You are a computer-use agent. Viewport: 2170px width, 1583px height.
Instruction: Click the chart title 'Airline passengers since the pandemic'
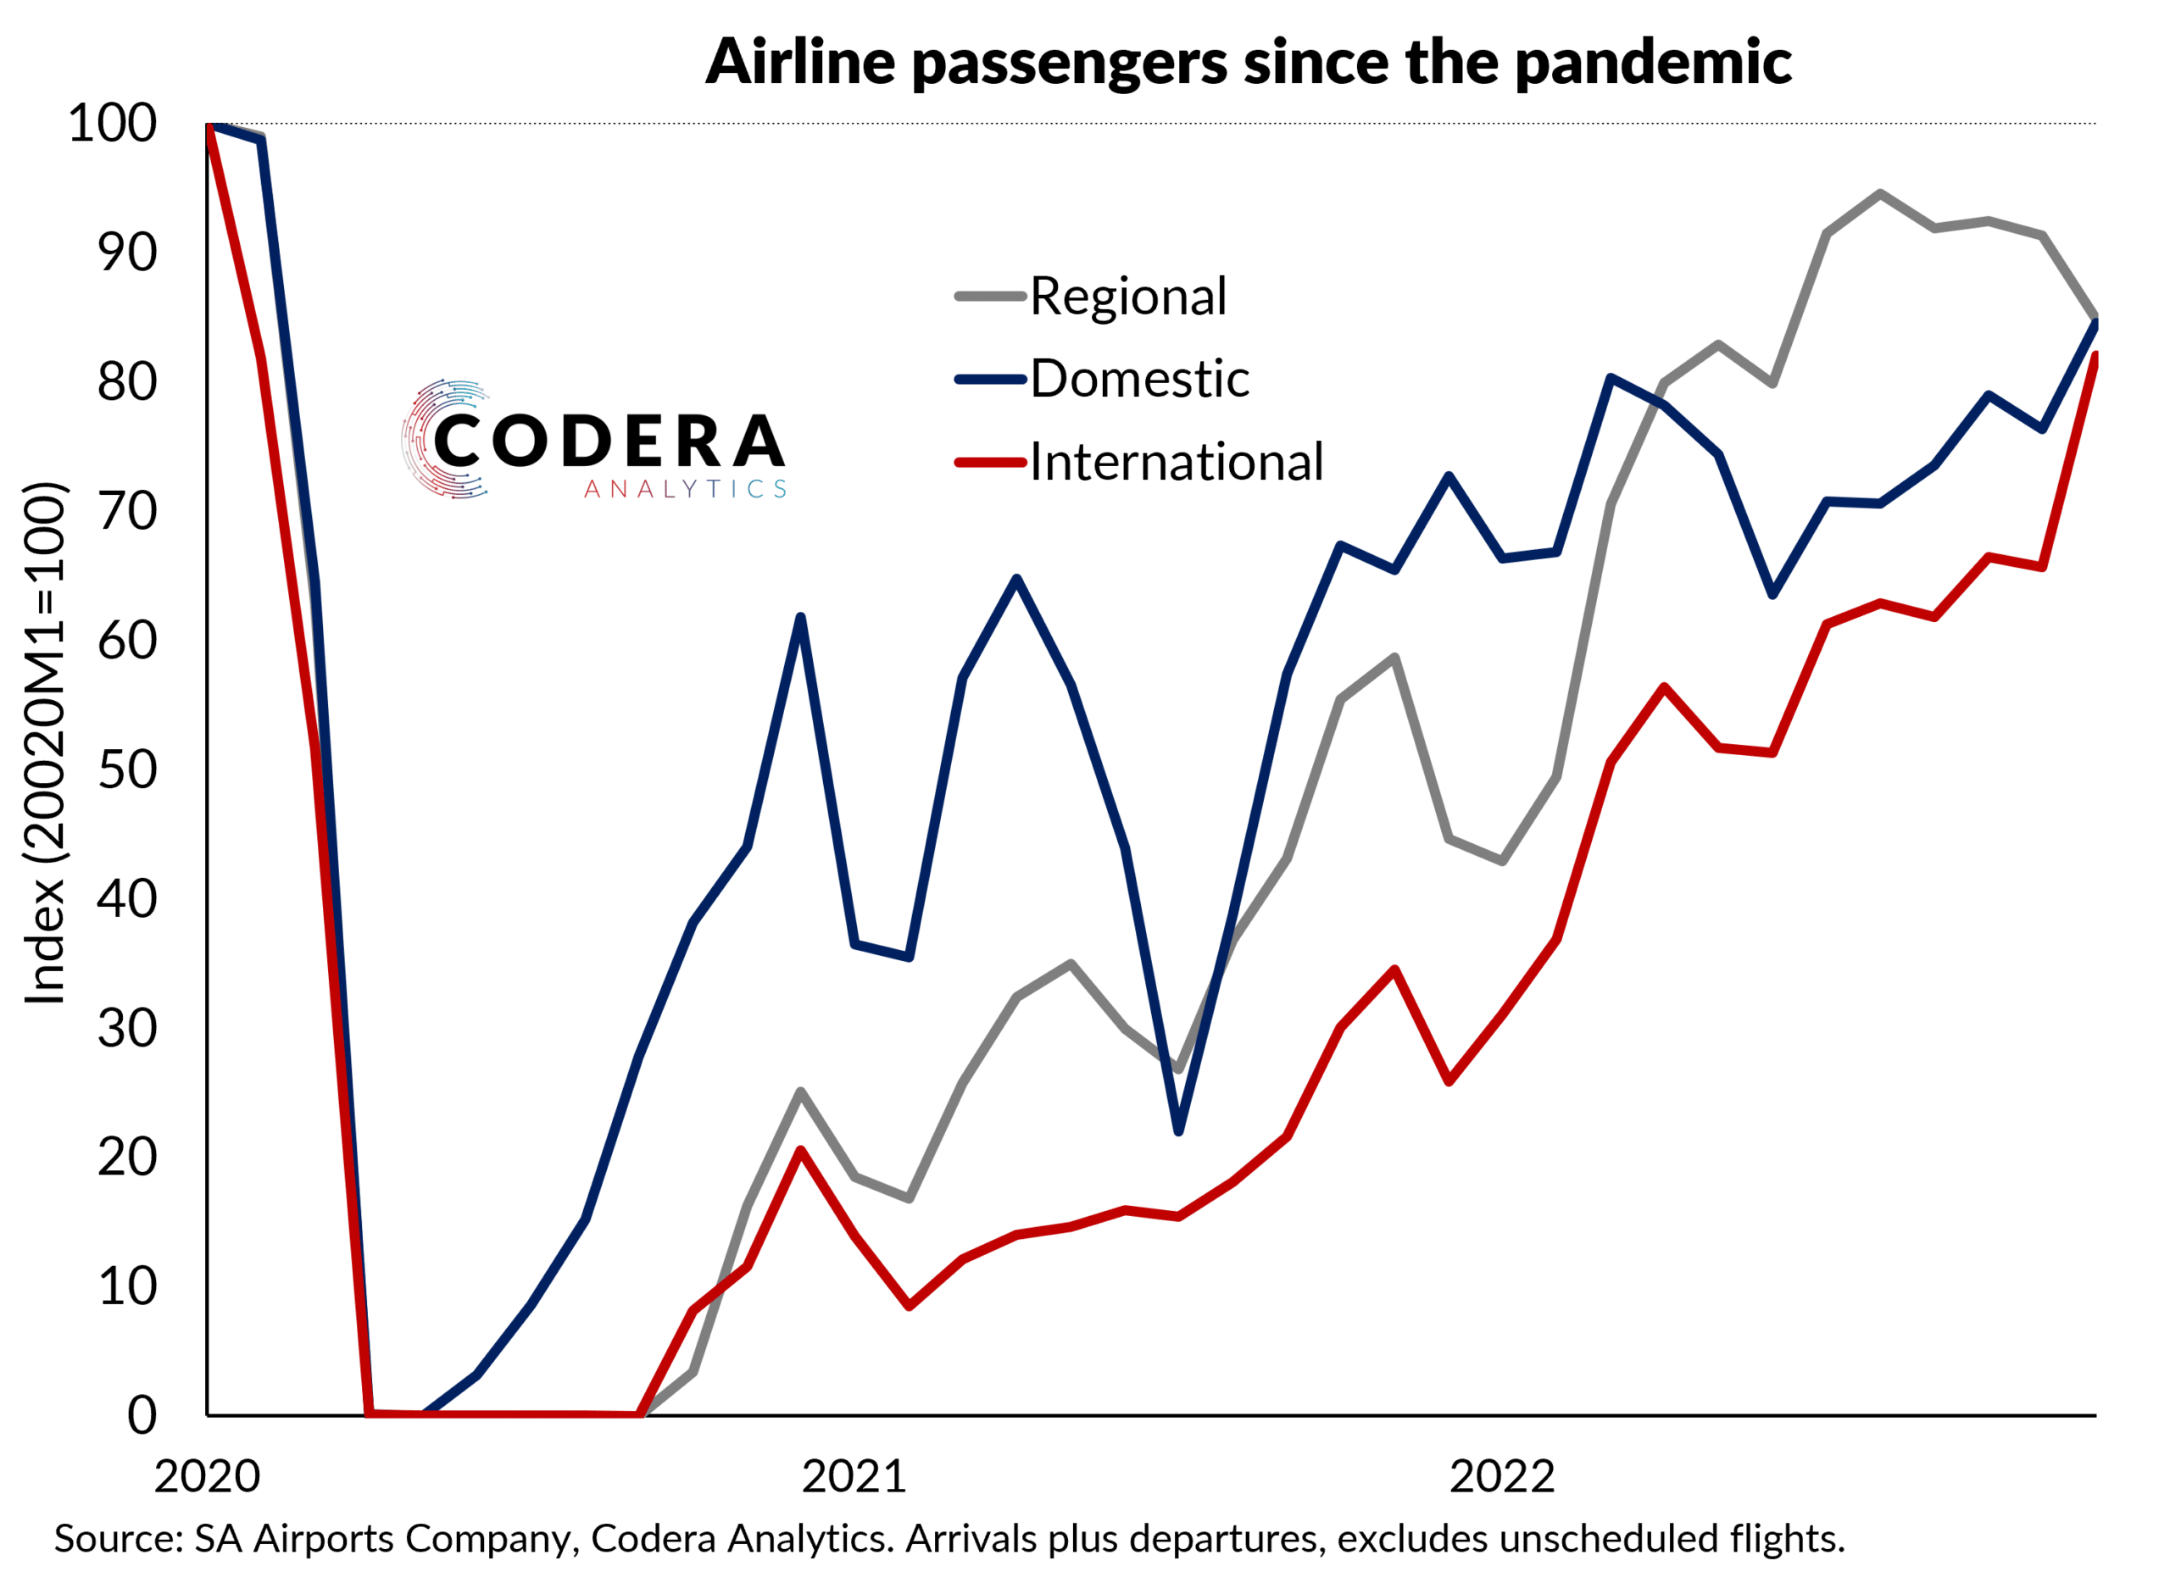coord(1247,61)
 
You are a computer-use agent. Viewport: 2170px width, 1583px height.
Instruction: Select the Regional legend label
coord(1127,296)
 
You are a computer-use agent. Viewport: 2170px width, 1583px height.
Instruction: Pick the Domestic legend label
coord(1138,379)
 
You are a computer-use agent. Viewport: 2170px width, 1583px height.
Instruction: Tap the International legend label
coord(1176,462)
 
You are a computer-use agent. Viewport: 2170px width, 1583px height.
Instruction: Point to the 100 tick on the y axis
coord(112,124)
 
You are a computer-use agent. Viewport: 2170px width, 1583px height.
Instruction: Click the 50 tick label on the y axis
coord(126,769)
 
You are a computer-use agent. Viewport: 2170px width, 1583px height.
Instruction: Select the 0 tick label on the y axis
coord(142,1415)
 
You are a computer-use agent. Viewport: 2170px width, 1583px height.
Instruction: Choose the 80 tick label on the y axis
coord(126,381)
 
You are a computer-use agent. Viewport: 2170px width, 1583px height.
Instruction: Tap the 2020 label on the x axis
coord(207,1476)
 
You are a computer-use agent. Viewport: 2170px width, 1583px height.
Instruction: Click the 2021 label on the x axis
coord(854,1476)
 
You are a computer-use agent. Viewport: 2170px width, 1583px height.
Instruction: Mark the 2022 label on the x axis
coord(1501,1476)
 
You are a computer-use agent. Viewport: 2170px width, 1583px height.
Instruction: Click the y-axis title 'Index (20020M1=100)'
coord(44,742)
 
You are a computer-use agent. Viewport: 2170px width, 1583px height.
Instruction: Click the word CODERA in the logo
coord(609,441)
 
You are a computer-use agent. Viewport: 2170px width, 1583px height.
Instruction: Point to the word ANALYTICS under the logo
coord(685,490)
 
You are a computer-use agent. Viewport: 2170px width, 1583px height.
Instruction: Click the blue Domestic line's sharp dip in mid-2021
coord(1178,1131)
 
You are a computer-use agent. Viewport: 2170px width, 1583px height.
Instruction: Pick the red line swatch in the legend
coord(989,462)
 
